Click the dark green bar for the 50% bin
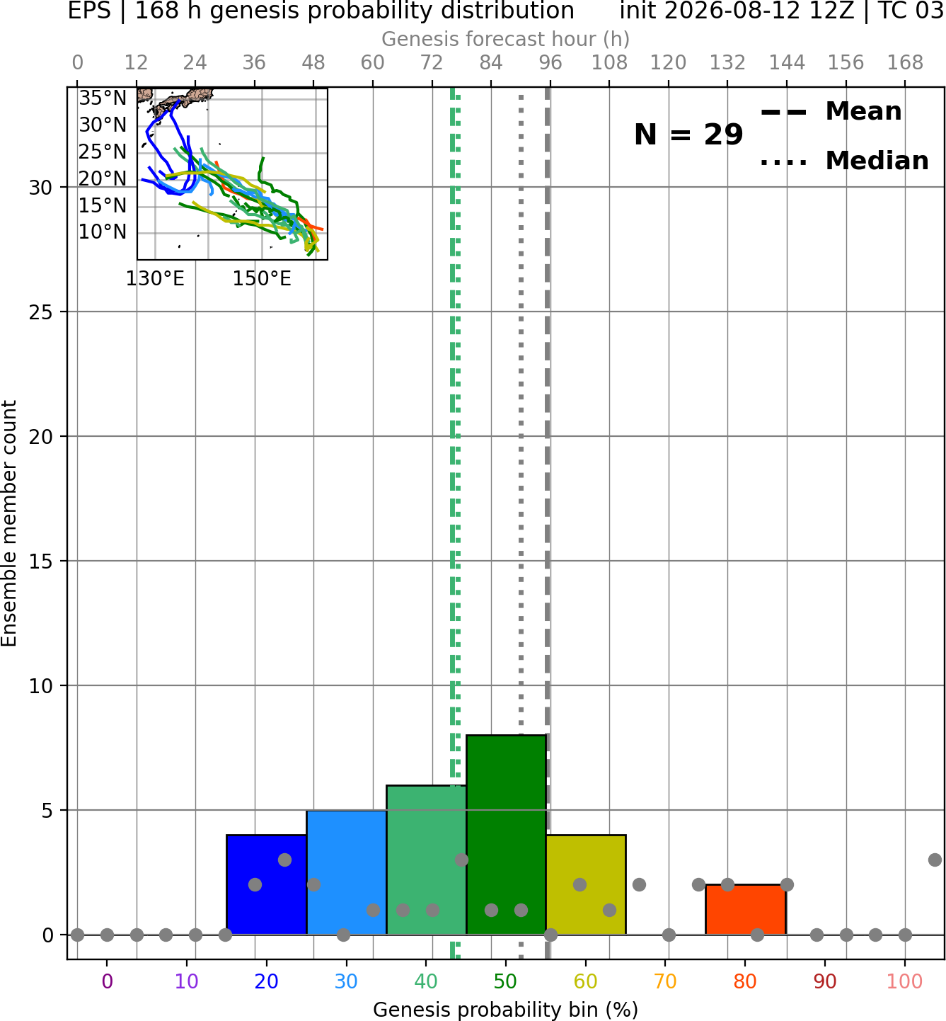(x=506, y=835)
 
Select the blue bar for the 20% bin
(x=267, y=885)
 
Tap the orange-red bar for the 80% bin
(x=746, y=909)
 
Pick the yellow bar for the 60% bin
(x=586, y=885)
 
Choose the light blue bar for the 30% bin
(x=346, y=872)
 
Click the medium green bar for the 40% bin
(x=427, y=860)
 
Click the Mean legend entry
(x=831, y=112)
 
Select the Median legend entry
(x=845, y=161)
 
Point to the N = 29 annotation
(x=688, y=135)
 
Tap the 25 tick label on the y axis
(x=40, y=312)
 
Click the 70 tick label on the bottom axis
(x=665, y=981)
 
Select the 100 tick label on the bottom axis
(x=905, y=981)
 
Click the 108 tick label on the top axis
(x=609, y=63)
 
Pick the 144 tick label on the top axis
(x=787, y=63)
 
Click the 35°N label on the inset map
(x=103, y=98)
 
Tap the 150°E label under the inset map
(x=262, y=279)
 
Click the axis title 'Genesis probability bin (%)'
(x=506, y=1010)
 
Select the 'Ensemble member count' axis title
(x=8, y=523)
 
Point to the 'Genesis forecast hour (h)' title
(x=506, y=39)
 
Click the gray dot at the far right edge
(x=935, y=860)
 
